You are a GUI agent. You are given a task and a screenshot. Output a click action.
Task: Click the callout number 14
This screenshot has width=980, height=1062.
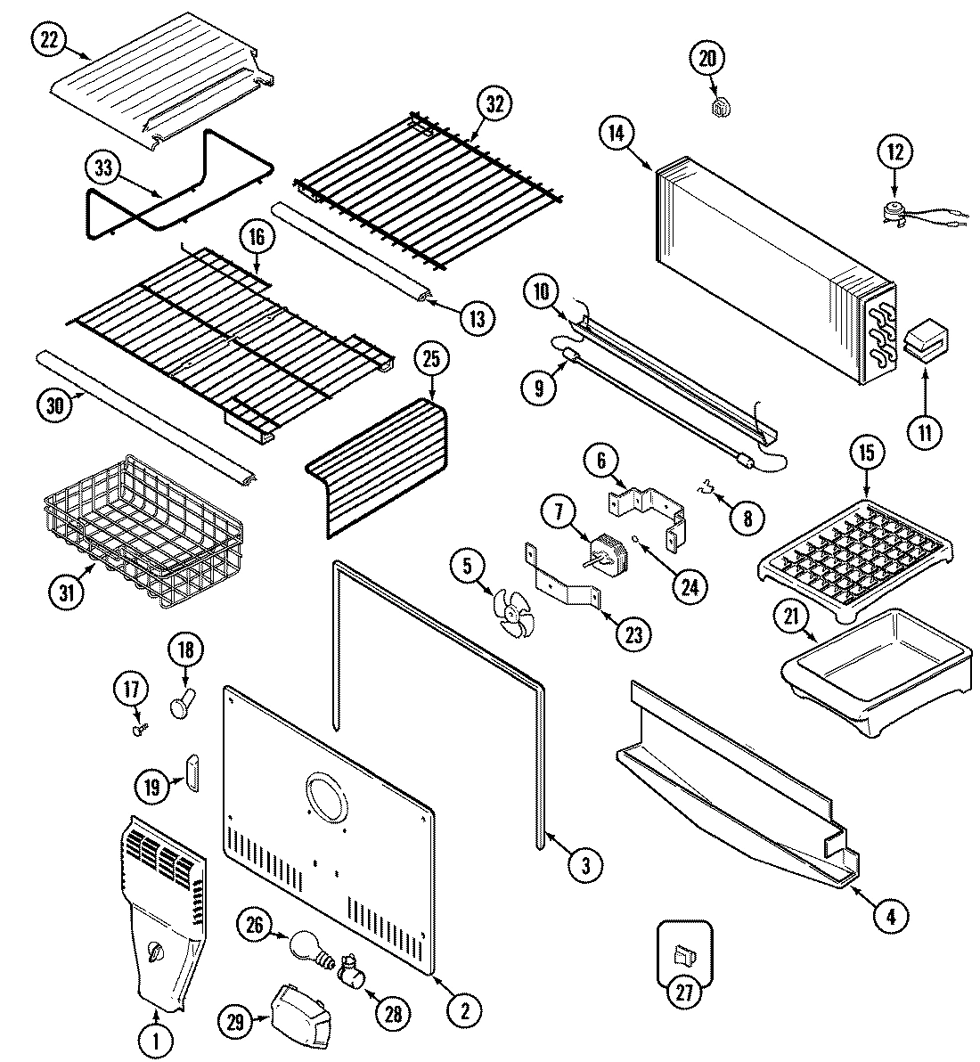pos(616,134)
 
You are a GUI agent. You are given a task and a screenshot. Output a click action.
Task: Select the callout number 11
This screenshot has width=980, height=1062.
pos(924,433)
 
